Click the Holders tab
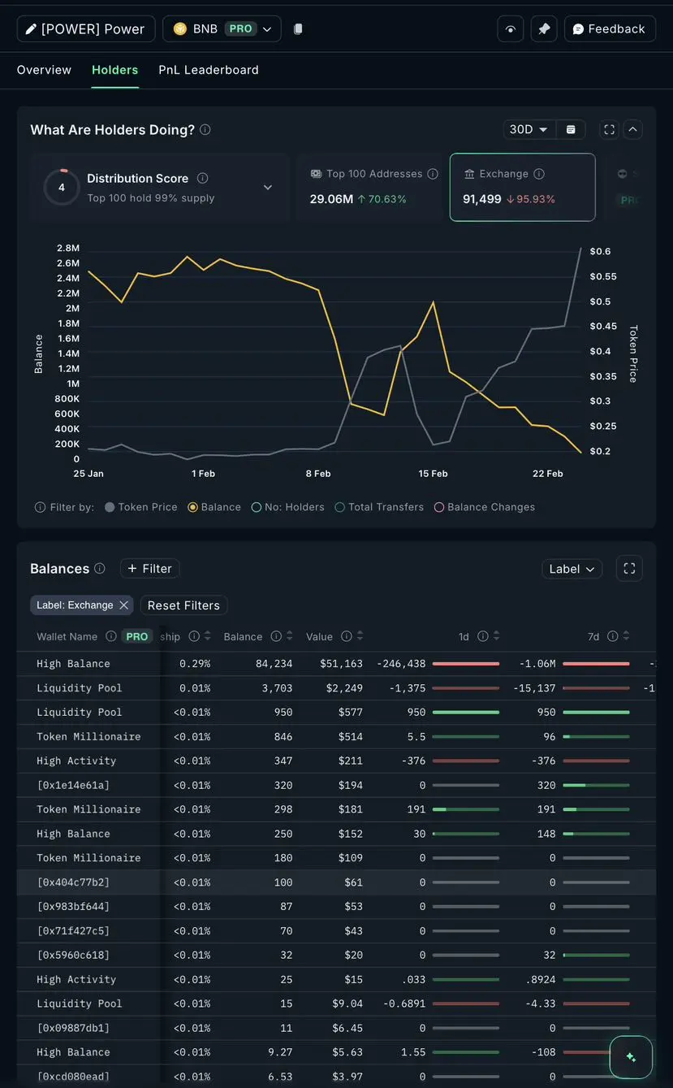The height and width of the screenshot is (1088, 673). (x=114, y=70)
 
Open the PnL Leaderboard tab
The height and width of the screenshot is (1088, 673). (x=209, y=70)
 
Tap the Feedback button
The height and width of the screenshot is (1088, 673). (x=610, y=29)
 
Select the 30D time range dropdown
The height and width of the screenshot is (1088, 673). (x=528, y=129)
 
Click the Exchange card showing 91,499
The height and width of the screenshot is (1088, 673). (x=522, y=187)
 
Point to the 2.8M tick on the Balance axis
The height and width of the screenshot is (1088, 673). (x=67, y=248)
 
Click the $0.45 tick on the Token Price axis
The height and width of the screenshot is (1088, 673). (x=602, y=327)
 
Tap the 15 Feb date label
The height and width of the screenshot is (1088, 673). (x=433, y=474)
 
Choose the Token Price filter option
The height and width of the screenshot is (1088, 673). (x=140, y=507)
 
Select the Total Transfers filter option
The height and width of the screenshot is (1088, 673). (x=379, y=507)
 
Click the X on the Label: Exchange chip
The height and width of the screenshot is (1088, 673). (x=124, y=605)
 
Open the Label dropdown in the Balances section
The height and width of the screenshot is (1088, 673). (x=572, y=569)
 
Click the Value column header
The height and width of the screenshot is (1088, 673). (x=320, y=637)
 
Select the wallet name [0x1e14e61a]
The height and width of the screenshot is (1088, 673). (x=73, y=785)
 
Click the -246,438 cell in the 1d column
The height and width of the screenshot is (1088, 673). (x=401, y=664)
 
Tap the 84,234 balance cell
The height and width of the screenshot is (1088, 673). (x=274, y=664)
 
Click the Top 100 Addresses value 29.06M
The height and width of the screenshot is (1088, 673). (x=331, y=199)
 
